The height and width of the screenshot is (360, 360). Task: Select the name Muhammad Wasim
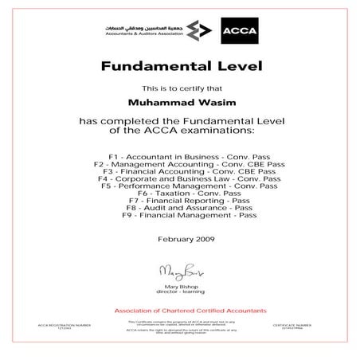179,102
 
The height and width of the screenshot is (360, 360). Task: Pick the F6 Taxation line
179,193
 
